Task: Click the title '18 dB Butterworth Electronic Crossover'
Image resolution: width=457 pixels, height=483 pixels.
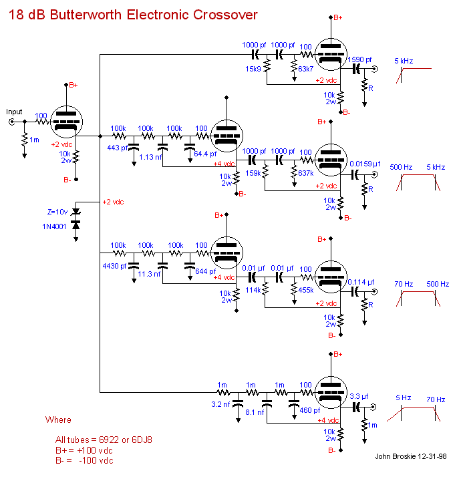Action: coord(132,14)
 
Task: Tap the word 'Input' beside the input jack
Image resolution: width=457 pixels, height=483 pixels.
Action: coord(14,112)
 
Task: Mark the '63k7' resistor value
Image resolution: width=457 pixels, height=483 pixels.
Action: coord(305,69)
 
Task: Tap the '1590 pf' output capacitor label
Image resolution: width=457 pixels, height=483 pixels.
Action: coord(361,60)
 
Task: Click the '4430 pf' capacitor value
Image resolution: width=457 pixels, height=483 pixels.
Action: coord(114,266)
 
